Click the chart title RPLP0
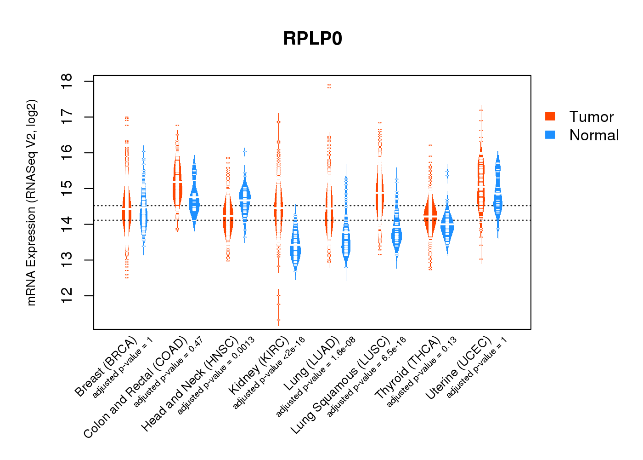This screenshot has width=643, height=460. (313, 39)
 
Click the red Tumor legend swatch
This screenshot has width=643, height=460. (550, 116)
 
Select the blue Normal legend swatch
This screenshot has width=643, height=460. (550, 135)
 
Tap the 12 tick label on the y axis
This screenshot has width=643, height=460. (67, 296)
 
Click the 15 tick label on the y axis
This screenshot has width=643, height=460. (67, 189)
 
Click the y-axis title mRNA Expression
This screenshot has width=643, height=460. (32, 202)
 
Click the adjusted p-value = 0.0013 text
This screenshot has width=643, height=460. (216, 376)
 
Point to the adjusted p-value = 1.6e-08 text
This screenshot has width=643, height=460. (316, 377)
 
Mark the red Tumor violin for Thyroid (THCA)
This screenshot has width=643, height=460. (430, 216)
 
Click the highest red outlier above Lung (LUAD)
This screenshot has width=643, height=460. (329, 86)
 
